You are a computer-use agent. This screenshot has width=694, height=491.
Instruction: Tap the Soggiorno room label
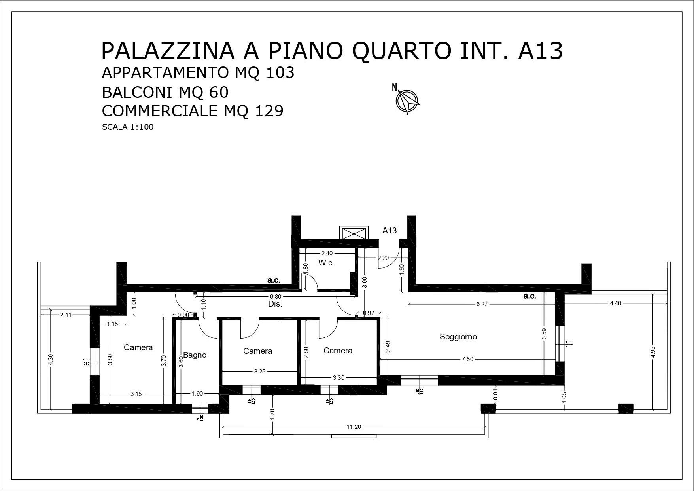[x=458, y=337]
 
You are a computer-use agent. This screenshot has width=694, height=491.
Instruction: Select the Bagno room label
[x=195, y=355]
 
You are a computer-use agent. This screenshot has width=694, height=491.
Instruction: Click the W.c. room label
[x=326, y=263]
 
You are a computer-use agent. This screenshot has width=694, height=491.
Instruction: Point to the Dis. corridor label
[x=275, y=304]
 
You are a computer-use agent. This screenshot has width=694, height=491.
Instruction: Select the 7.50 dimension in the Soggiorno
[x=467, y=359]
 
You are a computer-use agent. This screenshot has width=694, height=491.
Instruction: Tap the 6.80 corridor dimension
[x=275, y=296]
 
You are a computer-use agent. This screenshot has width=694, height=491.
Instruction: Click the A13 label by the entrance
[x=389, y=231]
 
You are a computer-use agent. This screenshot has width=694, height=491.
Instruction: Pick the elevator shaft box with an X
[x=354, y=232]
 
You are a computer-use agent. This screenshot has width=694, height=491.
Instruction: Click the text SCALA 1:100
[x=127, y=127]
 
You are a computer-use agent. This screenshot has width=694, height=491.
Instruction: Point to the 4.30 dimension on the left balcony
[x=50, y=359]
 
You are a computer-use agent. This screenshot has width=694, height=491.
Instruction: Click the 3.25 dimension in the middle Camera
[x=260, y=372]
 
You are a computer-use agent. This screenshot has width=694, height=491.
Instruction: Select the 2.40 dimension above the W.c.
[x=327, y=253]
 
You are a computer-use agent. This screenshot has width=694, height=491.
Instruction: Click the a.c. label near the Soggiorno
[x=529, y=296]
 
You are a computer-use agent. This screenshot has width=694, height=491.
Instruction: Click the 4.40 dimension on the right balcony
[x=615, y=303]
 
